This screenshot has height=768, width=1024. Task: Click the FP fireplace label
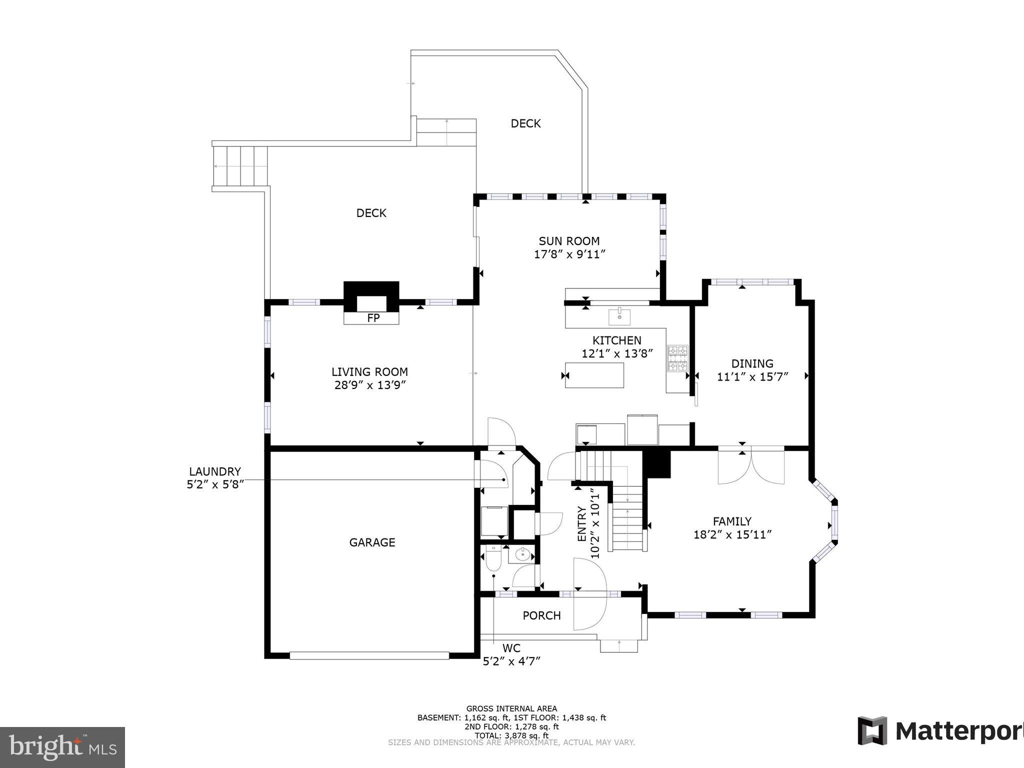pos(373,318)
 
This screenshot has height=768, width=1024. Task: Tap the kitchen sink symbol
pos(619,317)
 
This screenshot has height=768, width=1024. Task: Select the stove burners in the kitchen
pos(678,358)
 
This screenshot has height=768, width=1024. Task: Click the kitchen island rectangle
pos(594,375)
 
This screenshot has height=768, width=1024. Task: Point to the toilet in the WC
pos(493,559)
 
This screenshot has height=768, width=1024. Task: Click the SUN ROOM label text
pos(569,241)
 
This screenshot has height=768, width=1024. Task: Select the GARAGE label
pos(372,542)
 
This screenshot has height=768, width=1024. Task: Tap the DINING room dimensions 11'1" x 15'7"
pos(752,377)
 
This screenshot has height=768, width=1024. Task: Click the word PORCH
pos(541,616)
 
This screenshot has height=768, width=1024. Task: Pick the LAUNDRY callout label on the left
pos(215,471)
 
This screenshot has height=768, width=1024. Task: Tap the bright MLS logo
pos(62,747)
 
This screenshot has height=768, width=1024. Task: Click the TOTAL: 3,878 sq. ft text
pos(511,735)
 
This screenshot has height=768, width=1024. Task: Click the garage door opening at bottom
pos(369,655)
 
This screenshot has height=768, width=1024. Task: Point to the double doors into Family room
pos(751,466)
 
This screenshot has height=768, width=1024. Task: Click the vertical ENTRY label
pos(582,524)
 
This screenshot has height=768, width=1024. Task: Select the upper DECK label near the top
pos(525,123)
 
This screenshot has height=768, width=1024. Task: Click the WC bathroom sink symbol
pos(522,554)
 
